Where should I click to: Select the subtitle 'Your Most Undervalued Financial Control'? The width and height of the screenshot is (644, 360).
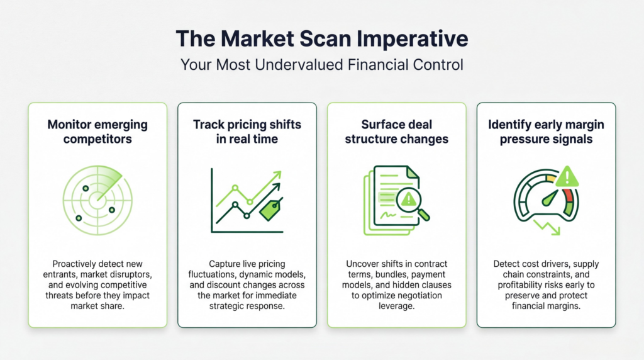(x=321, y=64)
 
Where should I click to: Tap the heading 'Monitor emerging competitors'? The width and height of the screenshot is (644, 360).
(x=97, y=132)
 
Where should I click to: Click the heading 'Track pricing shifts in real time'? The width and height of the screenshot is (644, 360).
(x=247, y=132)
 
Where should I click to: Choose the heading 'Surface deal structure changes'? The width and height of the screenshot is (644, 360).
(x=396, y=132)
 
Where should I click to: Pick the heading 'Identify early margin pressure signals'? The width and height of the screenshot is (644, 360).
(x=546, y=132)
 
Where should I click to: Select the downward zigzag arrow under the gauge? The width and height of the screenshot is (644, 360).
(x=547, y=227)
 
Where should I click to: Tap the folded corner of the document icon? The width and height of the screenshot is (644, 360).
(x=413, y=172)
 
